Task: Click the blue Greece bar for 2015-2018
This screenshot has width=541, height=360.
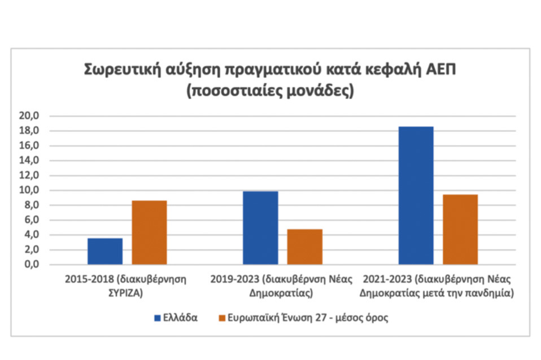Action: click(x=104, y=251)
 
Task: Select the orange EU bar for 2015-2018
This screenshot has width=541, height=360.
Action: click(x=149, y=232)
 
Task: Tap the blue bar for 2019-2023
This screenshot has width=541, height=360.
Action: click(x=260, y=228)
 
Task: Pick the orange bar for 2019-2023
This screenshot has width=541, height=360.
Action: click(x=304, y=247)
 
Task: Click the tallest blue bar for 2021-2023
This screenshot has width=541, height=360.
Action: click(x=416, y=195)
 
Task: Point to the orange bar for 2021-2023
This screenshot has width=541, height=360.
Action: click(x=460, y=230)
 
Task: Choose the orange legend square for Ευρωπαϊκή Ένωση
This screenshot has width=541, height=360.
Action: click(x=221, y=318)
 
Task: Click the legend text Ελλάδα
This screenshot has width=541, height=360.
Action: click(x=180, y=318)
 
